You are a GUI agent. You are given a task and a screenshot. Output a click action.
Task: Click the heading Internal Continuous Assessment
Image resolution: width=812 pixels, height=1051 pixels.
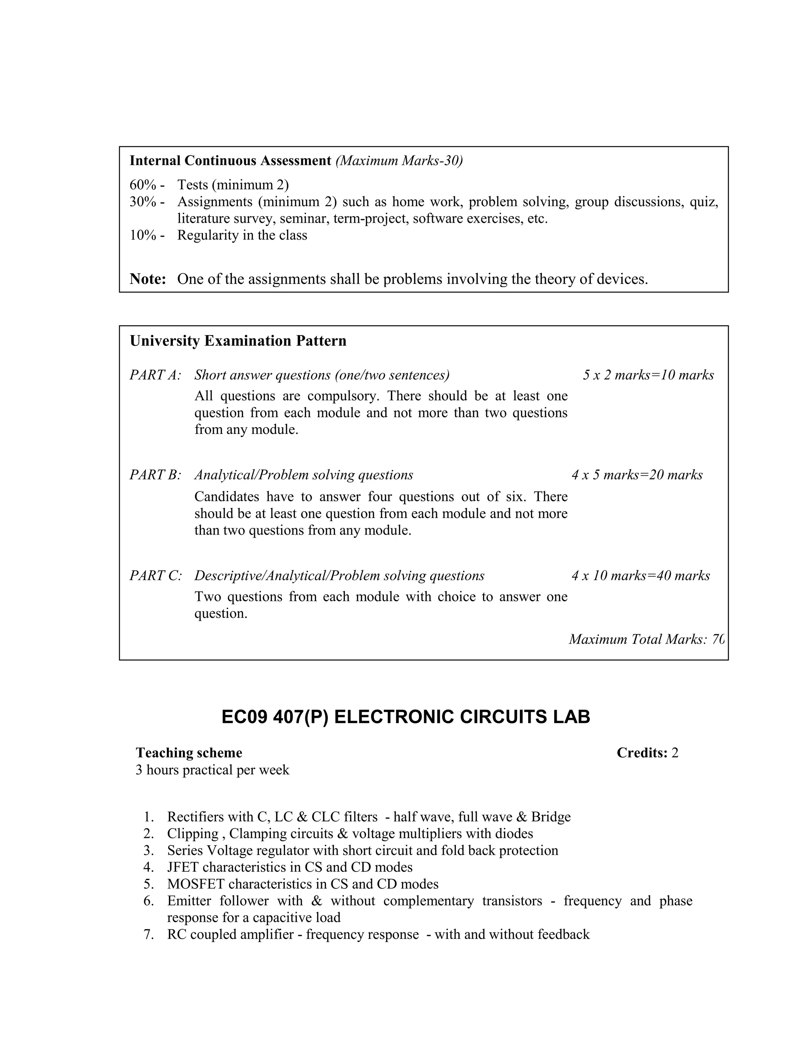point(230,161)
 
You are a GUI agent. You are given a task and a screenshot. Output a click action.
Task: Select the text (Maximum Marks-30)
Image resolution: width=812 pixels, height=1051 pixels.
point(399,161)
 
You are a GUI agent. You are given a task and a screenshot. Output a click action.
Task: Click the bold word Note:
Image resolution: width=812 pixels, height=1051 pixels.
point(147,279)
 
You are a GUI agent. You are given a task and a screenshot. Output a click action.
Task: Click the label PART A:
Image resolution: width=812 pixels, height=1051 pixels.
point(155,375)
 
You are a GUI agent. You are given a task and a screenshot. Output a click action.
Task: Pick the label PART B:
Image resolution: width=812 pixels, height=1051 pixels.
point(155,475)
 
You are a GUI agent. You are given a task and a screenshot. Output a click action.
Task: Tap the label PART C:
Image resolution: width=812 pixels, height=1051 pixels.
point(155,575)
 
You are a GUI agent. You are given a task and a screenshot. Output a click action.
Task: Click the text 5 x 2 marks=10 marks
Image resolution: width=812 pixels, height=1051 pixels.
point(648,375)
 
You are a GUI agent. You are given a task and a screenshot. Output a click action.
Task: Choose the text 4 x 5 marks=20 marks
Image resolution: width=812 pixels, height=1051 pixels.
point(637,475)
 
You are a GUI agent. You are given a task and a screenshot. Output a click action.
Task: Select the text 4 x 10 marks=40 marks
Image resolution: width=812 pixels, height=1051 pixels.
point(640,575)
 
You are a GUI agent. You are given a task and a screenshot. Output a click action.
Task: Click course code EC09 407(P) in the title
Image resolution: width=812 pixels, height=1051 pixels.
point(275,717)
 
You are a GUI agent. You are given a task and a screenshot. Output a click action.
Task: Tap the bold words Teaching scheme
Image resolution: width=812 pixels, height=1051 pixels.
point(189,753)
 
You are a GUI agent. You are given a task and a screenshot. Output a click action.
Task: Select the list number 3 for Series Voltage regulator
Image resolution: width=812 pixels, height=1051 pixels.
point(148,850)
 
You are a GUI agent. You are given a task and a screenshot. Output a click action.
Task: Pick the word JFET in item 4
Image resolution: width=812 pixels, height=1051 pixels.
point(183,867)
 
